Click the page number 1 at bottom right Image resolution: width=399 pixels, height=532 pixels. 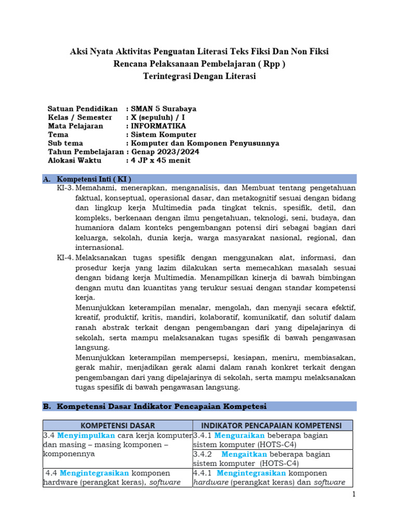click(x=354, y=494)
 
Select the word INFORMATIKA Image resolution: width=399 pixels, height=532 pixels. click(x=158, y=126)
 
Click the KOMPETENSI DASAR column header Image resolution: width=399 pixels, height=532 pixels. click(x=117, y=425)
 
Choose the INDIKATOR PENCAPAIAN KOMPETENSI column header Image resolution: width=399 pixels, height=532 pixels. click(x=272, y=425)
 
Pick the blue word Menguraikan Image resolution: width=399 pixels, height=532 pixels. click(x=240, y=435)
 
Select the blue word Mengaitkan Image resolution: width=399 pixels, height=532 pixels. click(x=244, y=454)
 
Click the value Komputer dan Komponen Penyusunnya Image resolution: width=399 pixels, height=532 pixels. click(x=205, y=143)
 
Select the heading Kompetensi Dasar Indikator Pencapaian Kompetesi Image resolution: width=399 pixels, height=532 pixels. click(x=161, y=406)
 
